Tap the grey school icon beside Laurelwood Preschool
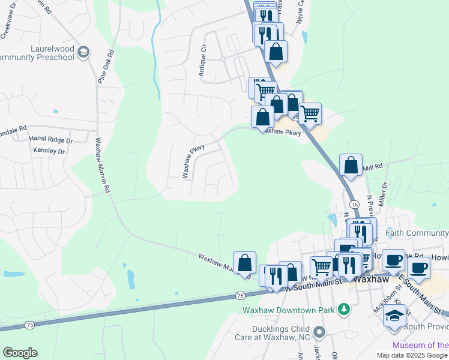click(x=84, y=53)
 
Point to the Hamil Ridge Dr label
click(x=51, y=140)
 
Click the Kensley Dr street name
click(x=49, y=151)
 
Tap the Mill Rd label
click(x=372, y=169)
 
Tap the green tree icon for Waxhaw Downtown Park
click(x=344, y=310)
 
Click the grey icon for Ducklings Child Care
click(x=319, y=331)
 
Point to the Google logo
click(x=20, y=352)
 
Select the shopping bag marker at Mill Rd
click(x=351, y=165)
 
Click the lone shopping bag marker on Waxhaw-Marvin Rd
click(x=244, y=263)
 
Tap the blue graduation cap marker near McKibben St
click(x=394, y=316)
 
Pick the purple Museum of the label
click(x=420, y=345)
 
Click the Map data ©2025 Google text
click(x=411, y=355)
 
